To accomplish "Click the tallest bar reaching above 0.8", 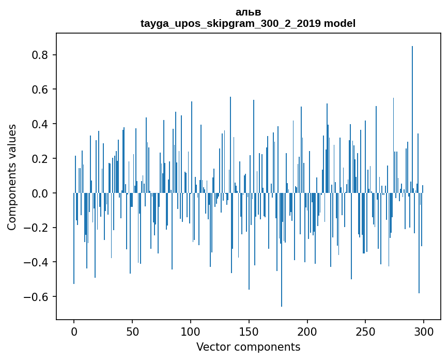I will pos(412,119).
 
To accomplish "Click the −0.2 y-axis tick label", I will pos(38,228).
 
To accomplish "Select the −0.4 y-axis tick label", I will pos(38,262).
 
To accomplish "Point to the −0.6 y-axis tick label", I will pos(38,297).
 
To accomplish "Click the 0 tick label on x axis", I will pos(74,331).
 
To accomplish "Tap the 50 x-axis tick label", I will pos(132,331).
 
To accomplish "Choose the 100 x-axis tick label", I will pos(191,331).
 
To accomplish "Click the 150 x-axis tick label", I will pos(249,331).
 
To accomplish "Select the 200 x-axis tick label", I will pos(307,331).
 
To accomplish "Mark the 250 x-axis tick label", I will pos(365,331).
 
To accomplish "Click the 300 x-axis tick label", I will pos(424,331).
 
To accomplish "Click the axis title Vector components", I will pos(248,347).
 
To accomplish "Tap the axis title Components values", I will pos(12,177).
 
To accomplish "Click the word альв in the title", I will pos(248,12).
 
